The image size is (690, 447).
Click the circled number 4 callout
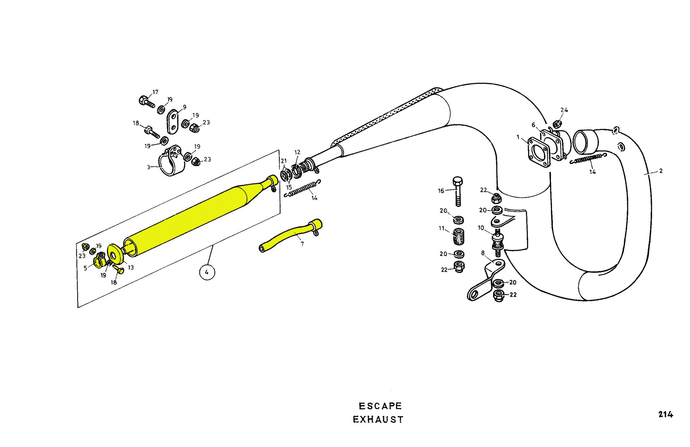(x=207, y=272)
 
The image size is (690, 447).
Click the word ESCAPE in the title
(x=380, y=406)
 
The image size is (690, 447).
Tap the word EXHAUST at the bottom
(x=378, y=420)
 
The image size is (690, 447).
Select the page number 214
(x=665, y=415)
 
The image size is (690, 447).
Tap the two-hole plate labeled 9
(x=173, y=122)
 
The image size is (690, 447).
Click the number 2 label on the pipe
(x=661, y=171)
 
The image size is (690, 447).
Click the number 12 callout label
(x=298, y=152)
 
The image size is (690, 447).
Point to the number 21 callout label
(x=283, y=161)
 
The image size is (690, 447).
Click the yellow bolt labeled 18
(x=119, y=269)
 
